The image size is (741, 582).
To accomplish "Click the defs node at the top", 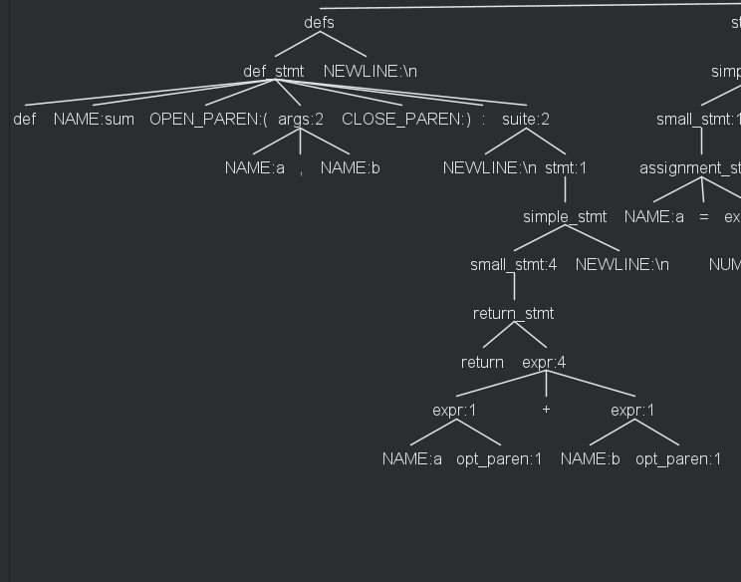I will (319, 22).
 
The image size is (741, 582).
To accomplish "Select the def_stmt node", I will (274, 71).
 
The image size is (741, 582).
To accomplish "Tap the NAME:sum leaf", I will (94, 120).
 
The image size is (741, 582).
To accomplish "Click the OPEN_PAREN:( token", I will (209, 120).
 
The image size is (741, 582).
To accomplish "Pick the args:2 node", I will (301, 120).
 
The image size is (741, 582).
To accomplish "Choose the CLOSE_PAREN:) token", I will (406, 120).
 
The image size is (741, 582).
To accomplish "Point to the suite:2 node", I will (526, 120).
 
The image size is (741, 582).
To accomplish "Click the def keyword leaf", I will (25, 120).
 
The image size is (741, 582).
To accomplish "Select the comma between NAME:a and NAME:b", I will (301, 168).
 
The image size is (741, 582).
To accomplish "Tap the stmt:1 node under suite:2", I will (566, 168).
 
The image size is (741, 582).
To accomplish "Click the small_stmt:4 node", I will (514, 265).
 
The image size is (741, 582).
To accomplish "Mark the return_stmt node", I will (514, 314).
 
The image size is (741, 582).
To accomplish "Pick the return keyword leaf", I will (482, 363).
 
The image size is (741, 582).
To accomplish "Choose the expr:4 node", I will (544, 363).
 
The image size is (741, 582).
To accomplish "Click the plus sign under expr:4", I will (546, 410).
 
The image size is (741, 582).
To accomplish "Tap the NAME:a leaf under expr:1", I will (412, 459).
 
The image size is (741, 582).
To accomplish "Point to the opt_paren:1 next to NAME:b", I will (678, 459).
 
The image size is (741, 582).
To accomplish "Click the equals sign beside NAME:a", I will (703, 217).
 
